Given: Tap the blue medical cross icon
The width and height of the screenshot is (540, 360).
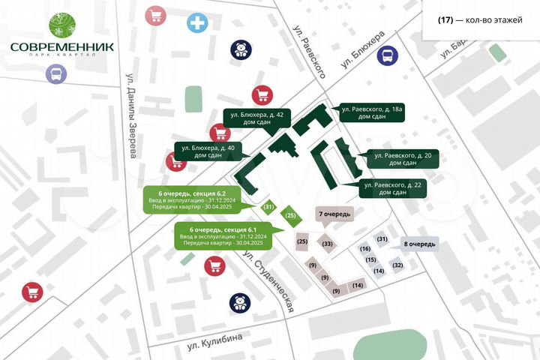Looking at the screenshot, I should pyautogui.click(x=198, y=23).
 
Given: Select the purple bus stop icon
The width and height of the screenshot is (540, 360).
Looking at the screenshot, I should pyautogui.click(x=55, y=74).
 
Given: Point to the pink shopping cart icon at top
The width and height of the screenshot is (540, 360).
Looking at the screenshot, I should pyautogui.click(x=156, y=16).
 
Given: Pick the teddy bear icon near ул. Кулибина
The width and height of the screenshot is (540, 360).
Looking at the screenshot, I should pyautogui.click(x=239, y=303).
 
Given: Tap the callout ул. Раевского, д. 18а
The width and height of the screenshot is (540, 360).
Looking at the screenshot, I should pyautogui.click(x=373, y=114).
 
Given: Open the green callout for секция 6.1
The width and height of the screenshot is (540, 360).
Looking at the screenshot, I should pyautogui.click(x=223, y=235).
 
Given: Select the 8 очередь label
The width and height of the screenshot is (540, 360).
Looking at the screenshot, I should pyautogui.click(x=420, y=244).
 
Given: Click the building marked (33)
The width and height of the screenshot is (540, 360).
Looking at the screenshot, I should pyautogui.click(x=327, y=244).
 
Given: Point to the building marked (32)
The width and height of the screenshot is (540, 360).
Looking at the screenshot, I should pyautogui.click(x=397, y=265).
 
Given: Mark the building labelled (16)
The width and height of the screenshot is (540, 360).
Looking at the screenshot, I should pyautogui.click(x=365, y=249).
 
